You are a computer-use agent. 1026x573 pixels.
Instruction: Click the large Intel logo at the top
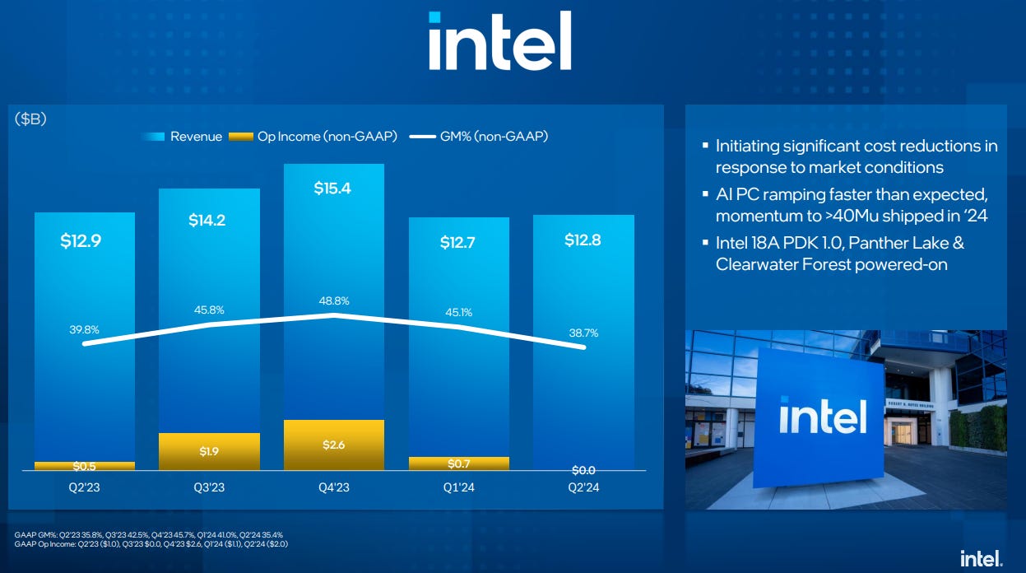point(499,41)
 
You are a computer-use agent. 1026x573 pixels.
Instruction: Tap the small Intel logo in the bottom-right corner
point(981,558)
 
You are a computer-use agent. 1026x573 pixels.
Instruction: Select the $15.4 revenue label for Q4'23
point(332,189)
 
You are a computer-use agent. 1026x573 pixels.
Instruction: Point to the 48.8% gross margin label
point(333,301)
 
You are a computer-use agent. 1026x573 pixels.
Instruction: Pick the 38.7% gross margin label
point(583,333)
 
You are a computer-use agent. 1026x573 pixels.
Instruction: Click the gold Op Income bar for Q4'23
point(333,445)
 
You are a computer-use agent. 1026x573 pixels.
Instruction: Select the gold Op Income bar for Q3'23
point(209,451)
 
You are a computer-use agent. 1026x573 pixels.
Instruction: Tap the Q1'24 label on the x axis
point(458,487)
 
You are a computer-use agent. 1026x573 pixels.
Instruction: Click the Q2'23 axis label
point(85,487)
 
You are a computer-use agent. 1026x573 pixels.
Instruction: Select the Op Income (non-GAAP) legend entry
point(313,137)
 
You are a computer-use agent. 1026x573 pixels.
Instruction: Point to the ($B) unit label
point(30,119)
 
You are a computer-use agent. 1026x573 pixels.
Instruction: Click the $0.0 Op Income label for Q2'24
point(583,470)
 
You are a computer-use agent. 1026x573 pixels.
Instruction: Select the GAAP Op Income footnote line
point(151,544)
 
